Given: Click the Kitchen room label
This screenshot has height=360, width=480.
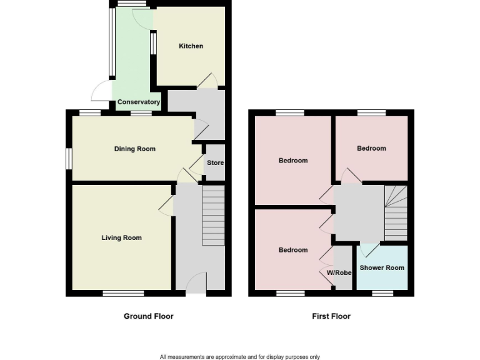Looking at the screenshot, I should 191,46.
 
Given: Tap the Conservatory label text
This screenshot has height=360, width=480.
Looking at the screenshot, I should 139,102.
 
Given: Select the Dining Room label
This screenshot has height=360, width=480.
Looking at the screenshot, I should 134,149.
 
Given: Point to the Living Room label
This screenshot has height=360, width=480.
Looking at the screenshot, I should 122,237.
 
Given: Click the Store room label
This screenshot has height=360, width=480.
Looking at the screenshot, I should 215,163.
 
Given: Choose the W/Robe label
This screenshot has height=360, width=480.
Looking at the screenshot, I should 339,273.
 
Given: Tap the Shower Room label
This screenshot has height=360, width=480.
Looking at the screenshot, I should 382,267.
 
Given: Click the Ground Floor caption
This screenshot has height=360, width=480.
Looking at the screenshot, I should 148,316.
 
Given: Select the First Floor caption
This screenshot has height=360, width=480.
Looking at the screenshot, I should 331,316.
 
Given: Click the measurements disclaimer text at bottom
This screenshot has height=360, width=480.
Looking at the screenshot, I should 240,357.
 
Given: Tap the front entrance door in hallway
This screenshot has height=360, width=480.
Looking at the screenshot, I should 197,283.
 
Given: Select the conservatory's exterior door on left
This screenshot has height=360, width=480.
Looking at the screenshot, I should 101,92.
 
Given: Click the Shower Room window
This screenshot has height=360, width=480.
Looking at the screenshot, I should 382,292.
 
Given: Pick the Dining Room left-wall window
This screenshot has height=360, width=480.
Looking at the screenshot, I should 69,158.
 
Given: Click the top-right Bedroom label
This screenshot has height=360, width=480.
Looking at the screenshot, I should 371,149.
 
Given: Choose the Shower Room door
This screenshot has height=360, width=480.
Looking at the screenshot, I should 369,249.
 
